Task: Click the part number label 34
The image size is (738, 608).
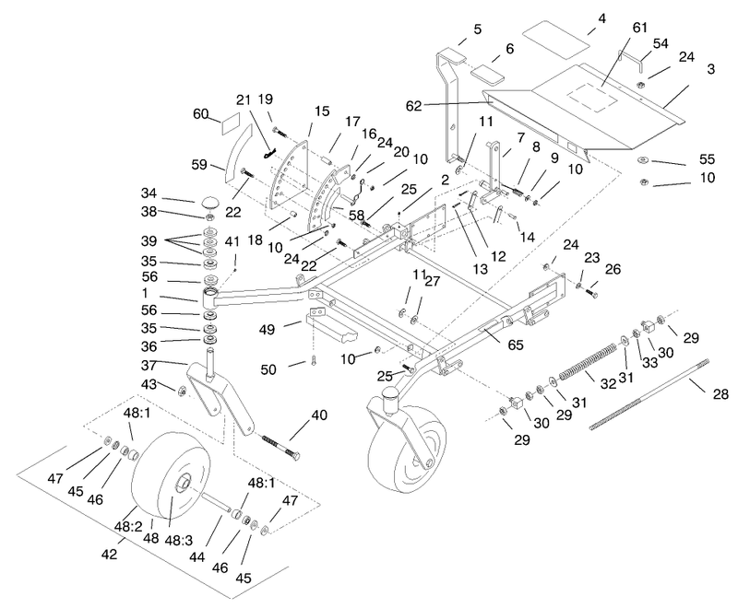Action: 149,193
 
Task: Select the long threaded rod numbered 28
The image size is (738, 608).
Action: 650,394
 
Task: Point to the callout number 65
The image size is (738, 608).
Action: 516,345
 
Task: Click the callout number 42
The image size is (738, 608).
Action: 109,555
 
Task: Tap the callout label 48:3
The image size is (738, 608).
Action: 178,541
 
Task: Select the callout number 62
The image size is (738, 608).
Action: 413,106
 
